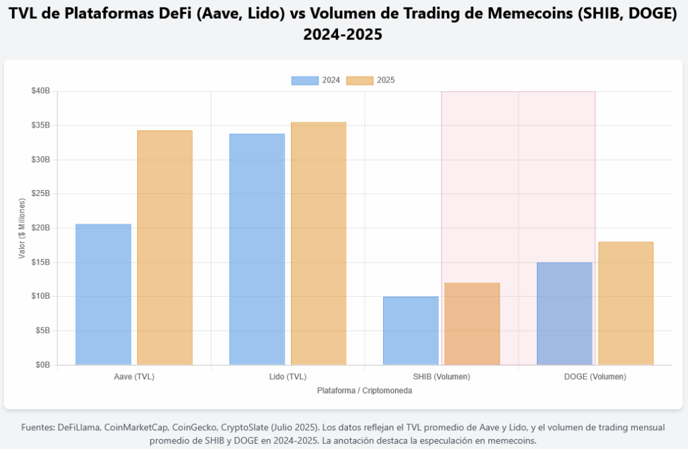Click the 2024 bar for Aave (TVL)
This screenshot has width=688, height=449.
coord(103,295)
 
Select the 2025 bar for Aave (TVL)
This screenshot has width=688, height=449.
coord(165,248)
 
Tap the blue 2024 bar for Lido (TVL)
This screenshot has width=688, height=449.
coord(257,250)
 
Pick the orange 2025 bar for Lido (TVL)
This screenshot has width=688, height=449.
coord(318,244)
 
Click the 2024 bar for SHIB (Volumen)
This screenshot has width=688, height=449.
coord(411,331)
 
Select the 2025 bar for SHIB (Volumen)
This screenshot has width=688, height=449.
coord(472,324)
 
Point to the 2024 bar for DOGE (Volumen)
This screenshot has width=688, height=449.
coord(564,313)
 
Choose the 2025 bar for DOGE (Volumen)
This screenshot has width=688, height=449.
coord(626,303)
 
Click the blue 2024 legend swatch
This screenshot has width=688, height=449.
coord(305,81)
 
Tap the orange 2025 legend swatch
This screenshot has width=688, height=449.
coord(359,81)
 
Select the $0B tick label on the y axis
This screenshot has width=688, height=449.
coord(42,365)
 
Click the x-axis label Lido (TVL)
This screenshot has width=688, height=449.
coord(288,377)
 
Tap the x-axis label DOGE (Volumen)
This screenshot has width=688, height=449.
coord(595,377)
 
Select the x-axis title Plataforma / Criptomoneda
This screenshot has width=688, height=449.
coord(364,391)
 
